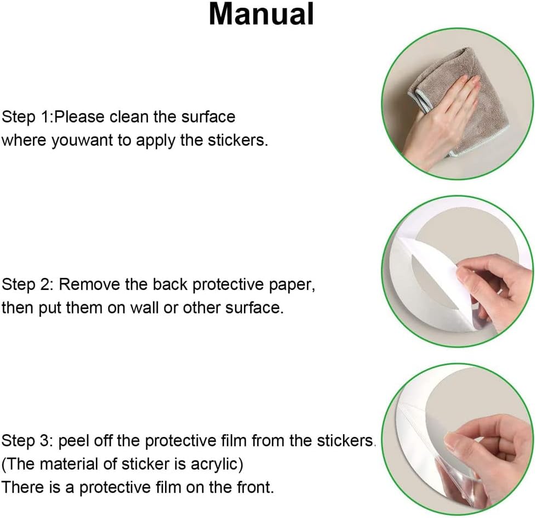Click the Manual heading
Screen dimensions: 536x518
(x=261, y=14)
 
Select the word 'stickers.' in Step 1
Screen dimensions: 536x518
(x=238, y=140)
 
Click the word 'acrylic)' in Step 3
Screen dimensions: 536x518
(x=216, y=464)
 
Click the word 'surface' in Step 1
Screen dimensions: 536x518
(x=208, y=117)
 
